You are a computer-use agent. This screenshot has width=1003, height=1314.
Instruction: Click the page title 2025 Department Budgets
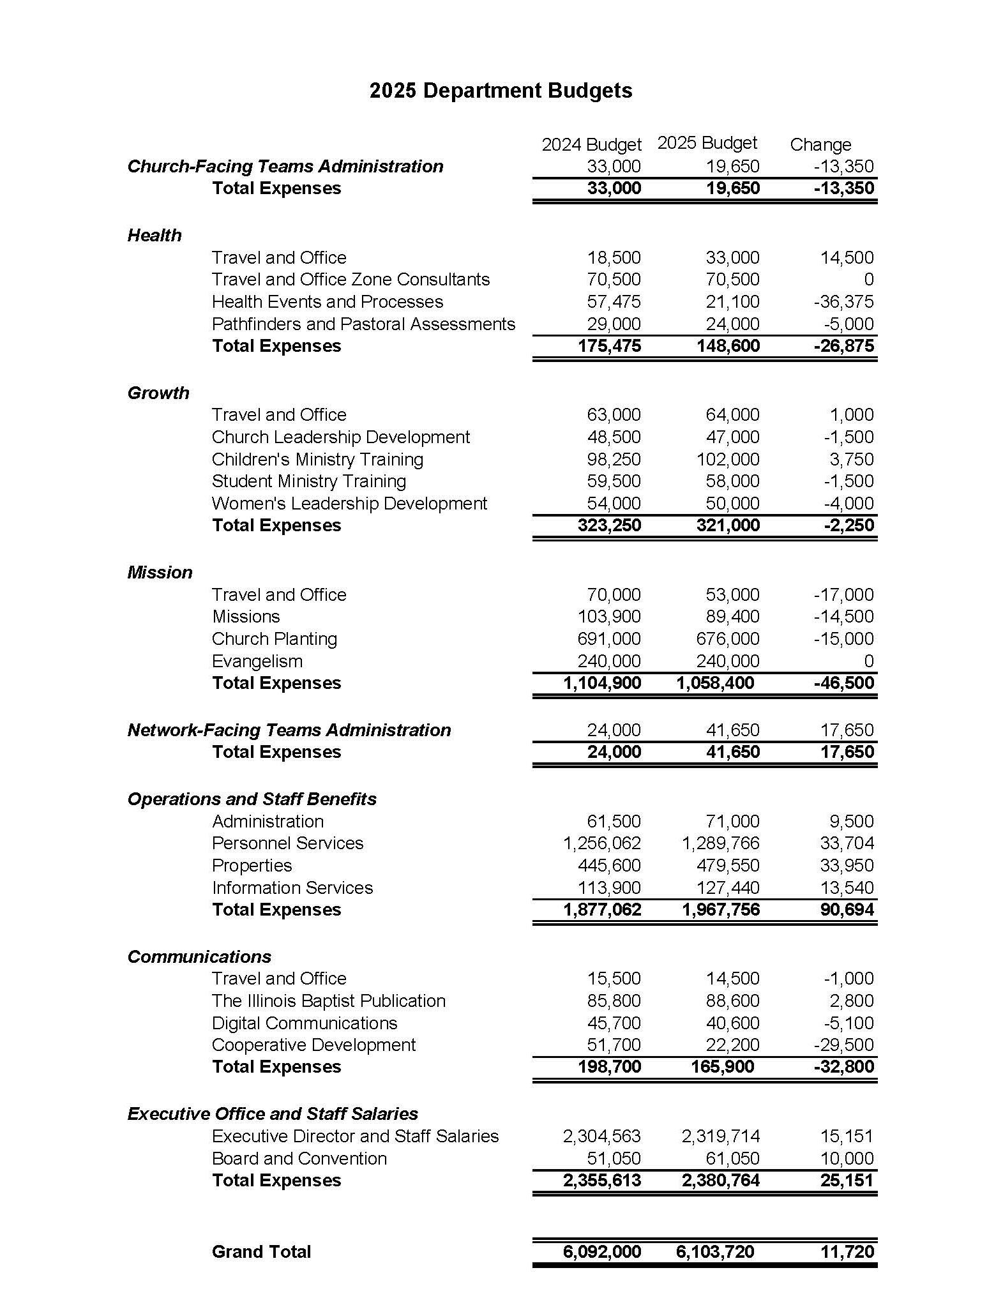tap(501, 91)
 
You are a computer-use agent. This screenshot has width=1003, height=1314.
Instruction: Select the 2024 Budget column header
tap(591, 145)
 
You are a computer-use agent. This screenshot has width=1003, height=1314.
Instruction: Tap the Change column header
tap(820, 145)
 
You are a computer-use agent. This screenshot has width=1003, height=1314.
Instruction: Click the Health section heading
tap(155, 236)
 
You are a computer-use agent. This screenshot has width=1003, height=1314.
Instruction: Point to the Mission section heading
tap(160, 573)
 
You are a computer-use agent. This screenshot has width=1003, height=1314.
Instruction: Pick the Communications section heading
tap(199, 956)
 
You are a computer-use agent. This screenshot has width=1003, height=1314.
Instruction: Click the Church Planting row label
tap(275, 639)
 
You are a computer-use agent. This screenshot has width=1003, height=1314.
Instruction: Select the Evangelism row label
tap(257, 661)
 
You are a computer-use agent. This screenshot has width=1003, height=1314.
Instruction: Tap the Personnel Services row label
tap(287, 843)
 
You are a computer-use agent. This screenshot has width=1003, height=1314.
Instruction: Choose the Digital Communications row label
tap(305, 1023)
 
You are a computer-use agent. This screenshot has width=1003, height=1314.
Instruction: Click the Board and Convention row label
tap(299, 1158)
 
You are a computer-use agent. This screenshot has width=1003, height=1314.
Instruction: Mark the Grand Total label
tap(261, 1251)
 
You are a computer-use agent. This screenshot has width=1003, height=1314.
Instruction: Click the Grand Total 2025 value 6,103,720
tap(715, 1251)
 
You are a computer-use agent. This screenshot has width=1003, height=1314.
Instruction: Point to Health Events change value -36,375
tap(843, 302)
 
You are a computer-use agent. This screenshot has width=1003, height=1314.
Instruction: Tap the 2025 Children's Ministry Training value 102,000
tap(728, 460)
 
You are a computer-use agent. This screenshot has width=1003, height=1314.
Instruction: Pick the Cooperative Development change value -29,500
tap(843, 1045)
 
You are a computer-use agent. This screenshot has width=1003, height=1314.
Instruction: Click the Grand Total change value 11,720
tap(847, 1251)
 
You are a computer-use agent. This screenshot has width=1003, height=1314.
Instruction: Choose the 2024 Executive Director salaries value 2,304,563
tap(601, 1137)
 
